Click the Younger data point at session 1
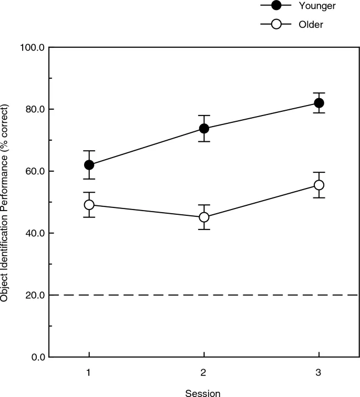point(89,165)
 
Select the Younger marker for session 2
point(204,128)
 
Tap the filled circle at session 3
point(318,103)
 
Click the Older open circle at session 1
point(89,205)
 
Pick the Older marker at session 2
point(204,217)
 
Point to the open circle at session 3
point(318,185)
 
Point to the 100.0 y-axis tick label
point(33,47)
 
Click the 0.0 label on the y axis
point(37,357)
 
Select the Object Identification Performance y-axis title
point(5,202)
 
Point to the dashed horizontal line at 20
point(210,295)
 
